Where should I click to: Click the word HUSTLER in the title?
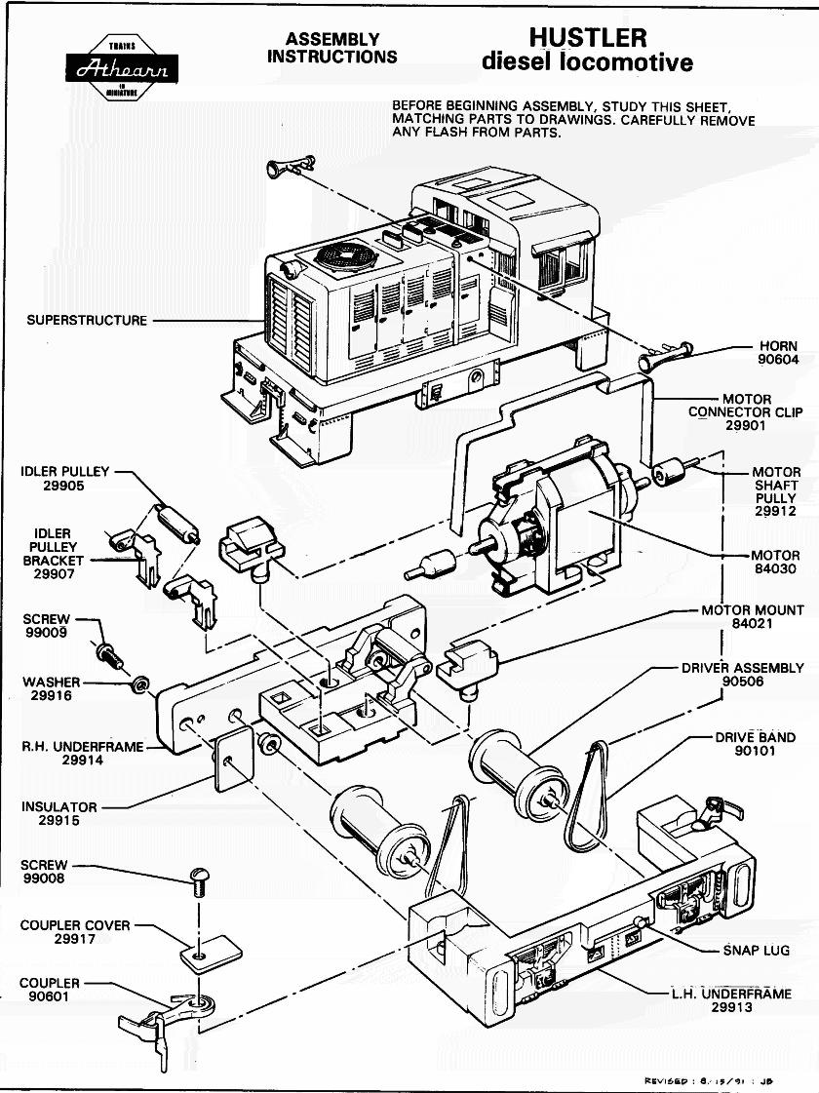click(587, 38)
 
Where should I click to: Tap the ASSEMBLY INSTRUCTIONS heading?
click(331, 48)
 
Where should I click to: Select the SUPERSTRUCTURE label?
click(87, 320)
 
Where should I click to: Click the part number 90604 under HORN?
click(777, 360)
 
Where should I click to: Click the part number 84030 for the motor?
click(777, 569)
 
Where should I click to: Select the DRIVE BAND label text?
click(756, 738)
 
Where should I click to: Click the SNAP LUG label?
click(756, 950)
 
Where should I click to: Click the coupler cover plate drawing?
click(211, 950)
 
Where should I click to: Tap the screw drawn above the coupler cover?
click(199, 884)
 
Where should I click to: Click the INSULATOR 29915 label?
click(59, 814)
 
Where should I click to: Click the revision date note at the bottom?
click(709, 1080)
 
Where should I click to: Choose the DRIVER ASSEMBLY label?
click(743, 675)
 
